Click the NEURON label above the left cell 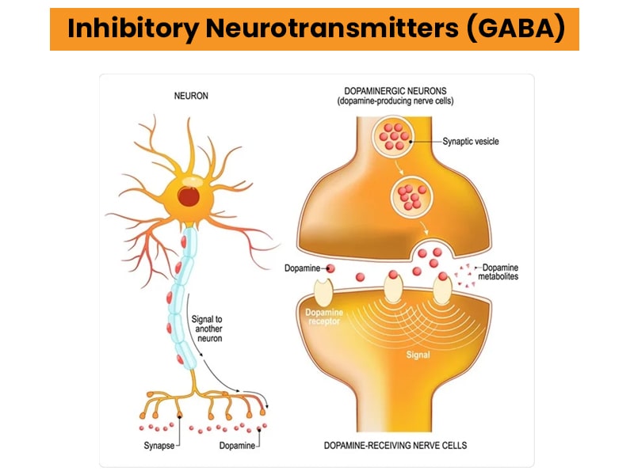(x=191, y=96)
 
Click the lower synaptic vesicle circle (x=410, y=193)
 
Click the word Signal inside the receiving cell (x=418, y=355)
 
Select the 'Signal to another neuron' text (x=207, y=329)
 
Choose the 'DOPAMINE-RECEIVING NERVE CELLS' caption (x=406, y=445)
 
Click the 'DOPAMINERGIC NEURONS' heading (x=406, y=91)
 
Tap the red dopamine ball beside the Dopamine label (x=330, y=269)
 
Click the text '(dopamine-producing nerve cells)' (x=406, y=102)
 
